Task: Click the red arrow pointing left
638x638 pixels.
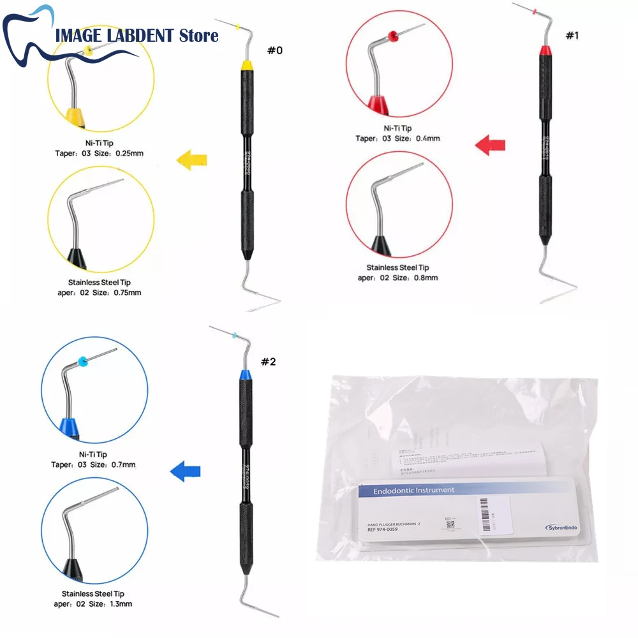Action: click(x=490, y=144)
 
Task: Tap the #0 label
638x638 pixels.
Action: click(x=274, y=50)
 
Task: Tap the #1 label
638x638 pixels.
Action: click(x=572, y=36)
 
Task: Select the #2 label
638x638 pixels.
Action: click(x=269, y=362)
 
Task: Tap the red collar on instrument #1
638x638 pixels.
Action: click(x=546, y=50)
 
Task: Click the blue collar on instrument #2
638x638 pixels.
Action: click(x=245, y=376)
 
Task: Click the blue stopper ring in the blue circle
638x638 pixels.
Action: click(x=83, y=362)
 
